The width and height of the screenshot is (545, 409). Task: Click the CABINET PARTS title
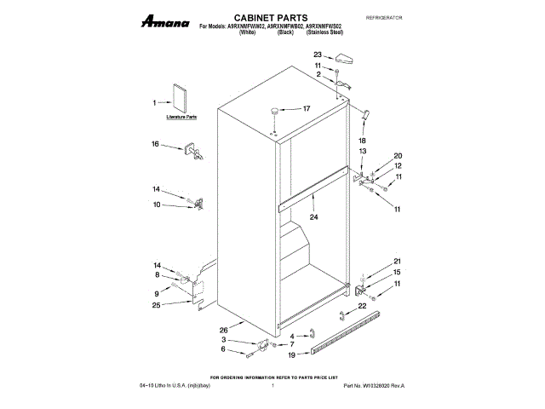click(x=255, y=16)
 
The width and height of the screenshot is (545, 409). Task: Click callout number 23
click(x=318, y=55)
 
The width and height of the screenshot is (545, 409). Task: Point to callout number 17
click(x=307, y=108)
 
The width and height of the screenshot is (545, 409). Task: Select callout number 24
click(x=313, y=217)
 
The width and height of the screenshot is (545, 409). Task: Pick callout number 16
click(x=156, y=144)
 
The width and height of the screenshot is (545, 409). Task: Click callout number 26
click(x=223, y=330)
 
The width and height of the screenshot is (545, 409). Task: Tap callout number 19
click(x=293, y=354)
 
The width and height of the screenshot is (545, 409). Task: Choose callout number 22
click(x=361, y=305)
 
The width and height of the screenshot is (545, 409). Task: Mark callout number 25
click(x=156, y=304)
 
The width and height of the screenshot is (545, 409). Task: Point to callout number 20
click(x=397, y=155)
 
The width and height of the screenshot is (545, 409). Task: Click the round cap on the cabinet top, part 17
click(x=274, y=109)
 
